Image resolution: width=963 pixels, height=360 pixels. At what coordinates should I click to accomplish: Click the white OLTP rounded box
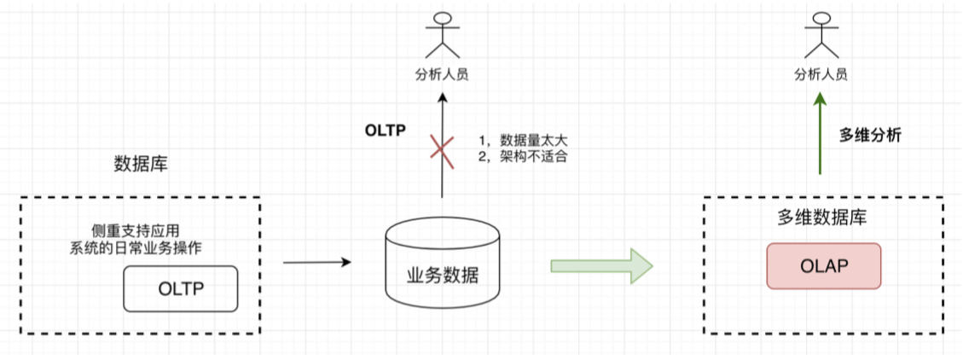[x=180, y=288]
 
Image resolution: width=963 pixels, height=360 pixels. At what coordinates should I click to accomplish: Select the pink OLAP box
[x=823, y=265]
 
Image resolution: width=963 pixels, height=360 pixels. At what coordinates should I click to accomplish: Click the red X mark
[x=442, y=151]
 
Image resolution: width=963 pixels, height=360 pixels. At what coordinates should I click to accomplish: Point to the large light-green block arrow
[x=601, y=265]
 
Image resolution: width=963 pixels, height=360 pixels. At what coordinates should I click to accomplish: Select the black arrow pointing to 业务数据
[x=316, y=262]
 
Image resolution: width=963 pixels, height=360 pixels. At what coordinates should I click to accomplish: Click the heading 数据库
[x=141, y=165]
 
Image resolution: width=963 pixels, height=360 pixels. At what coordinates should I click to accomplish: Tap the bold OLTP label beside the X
[x=385, y=131]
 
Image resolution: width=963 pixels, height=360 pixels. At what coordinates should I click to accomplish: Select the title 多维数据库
[x=823, y=218]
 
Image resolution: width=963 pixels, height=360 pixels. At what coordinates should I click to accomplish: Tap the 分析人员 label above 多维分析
[x=820, y=73]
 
